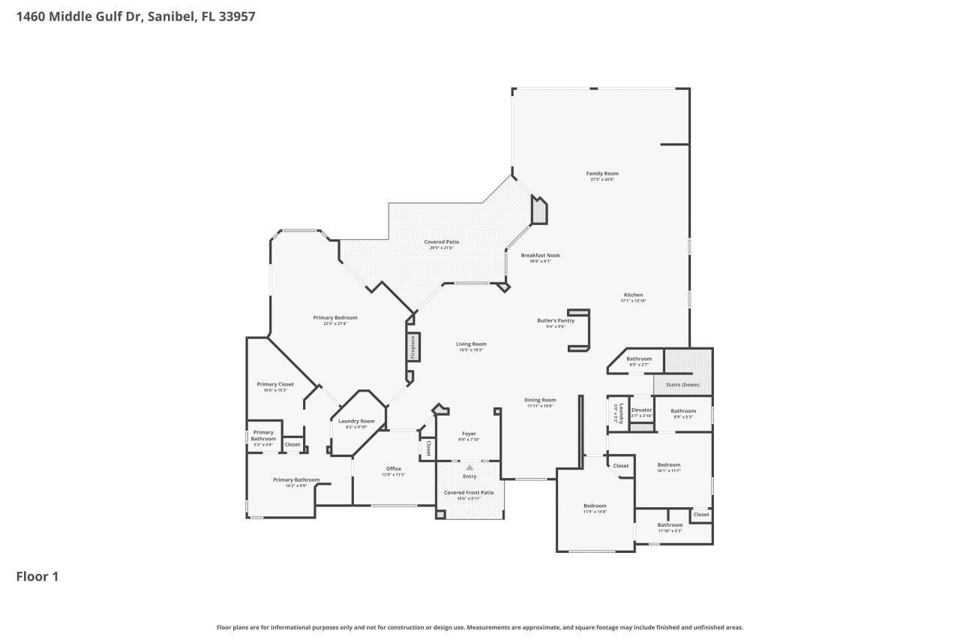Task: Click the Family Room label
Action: [602, 174]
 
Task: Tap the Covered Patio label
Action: [441, 242]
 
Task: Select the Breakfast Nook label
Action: [540, 256]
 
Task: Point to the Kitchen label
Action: [633, 296]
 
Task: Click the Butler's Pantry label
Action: [556, 321]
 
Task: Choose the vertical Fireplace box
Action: [413, 347]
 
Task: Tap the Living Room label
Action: [471, 344]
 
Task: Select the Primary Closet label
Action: [275, 384]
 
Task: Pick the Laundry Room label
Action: [356, 422]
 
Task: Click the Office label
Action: [394, 469]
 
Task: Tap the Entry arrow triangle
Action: [469, 467]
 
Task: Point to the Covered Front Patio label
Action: [469, 493]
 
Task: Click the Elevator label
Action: [641, 410]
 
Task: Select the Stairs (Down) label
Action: [682, 385]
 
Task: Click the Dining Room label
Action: [540, 401]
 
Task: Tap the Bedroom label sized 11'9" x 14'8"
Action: [595, 506]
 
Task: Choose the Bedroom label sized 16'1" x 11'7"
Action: [668, 465]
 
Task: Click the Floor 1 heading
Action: [37, 576]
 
